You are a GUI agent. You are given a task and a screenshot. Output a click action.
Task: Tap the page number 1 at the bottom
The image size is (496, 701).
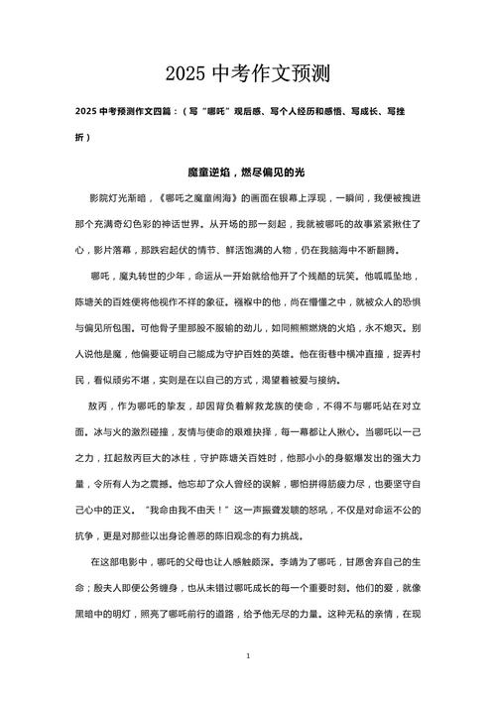click(248, 656)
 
